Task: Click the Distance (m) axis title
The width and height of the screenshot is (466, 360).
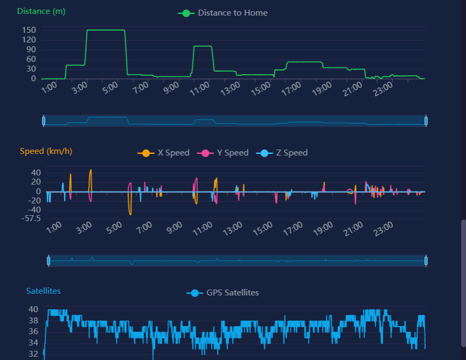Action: pos(41,11)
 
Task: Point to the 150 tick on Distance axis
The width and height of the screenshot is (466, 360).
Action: pos(29,30)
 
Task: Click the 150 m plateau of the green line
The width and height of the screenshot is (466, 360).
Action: pos(105,30)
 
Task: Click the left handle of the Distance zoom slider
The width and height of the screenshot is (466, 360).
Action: pos(44,121)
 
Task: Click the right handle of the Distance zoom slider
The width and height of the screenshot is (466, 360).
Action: pos(426,121)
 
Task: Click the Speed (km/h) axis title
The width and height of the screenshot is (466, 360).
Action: pos(46,151)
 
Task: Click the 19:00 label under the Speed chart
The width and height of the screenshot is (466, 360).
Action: pos(322,229)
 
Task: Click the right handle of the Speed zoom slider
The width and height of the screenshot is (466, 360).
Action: pos(426,261)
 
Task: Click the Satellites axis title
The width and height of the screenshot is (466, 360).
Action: pos(44,291)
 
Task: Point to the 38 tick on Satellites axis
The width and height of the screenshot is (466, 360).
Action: pos(33,321)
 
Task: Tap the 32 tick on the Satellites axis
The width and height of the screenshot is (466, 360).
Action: pos(33,354)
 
